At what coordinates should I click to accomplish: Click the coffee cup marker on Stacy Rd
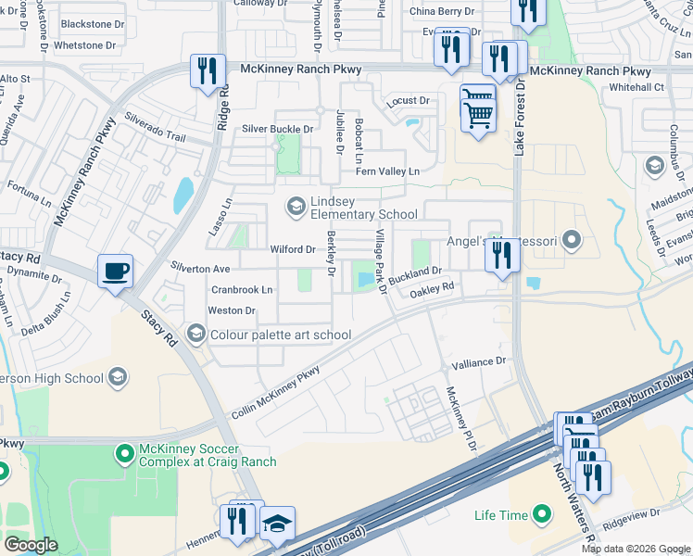point(115,272)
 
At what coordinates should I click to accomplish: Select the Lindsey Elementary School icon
point(296,206)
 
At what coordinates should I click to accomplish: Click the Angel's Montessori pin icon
point(572,242)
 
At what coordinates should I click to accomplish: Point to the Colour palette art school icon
point(195,334)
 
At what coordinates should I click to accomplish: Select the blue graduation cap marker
point(276,523)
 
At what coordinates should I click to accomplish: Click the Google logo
point(31,544)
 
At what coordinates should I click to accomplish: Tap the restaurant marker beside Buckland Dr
point(502,255)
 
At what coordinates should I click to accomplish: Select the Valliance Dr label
point(478,361)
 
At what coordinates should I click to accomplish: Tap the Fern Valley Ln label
point(387,171)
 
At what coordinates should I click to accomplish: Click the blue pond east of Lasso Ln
point(183,195)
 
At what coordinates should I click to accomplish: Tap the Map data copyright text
point(636,549)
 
